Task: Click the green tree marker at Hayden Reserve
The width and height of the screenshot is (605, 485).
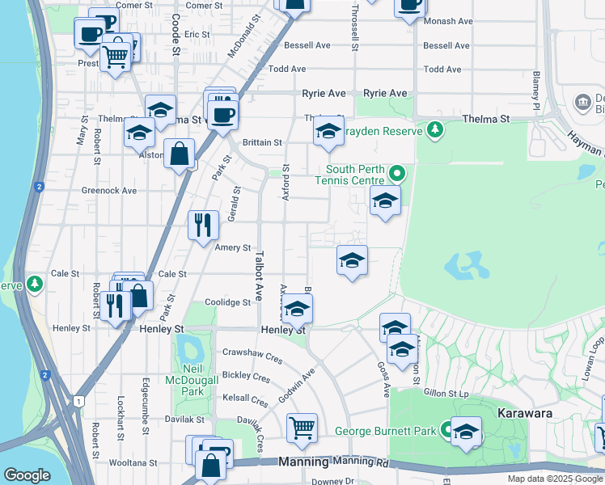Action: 435,130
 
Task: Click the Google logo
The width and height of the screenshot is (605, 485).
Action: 27,475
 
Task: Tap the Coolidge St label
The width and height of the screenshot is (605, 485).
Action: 227,302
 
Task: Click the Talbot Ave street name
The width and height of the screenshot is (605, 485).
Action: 259,276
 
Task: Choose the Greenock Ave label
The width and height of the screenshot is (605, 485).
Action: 109,191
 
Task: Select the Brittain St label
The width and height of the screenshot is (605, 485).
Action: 261,142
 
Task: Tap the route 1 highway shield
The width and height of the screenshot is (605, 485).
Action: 78,401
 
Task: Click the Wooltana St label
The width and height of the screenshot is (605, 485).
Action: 134,463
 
